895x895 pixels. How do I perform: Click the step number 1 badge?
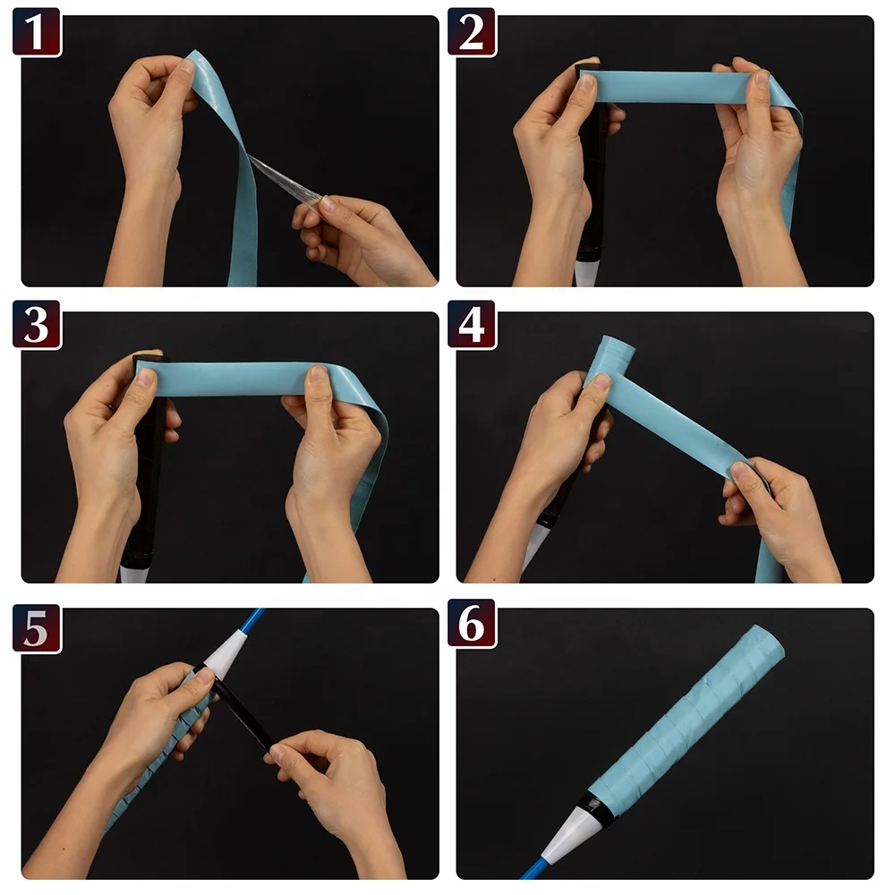[37, 32]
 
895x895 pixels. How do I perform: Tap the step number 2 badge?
[472, 32]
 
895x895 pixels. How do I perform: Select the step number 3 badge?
[37, 325]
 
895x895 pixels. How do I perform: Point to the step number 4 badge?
[472, 325]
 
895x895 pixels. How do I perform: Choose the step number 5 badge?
[37, 628]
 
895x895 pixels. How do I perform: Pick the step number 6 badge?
[472, 624]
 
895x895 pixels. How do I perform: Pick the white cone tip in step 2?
[586, 273]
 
